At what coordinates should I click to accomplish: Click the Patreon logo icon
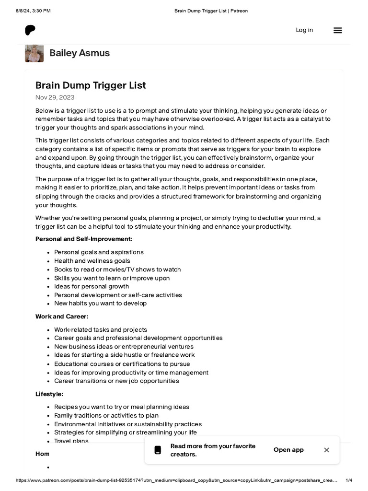coord(30,30)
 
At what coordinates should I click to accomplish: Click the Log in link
coord(304,30)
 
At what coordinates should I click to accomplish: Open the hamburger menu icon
coord(338,30)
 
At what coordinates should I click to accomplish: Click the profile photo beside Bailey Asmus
coord(34,53)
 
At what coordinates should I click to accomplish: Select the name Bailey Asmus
coord(80,53)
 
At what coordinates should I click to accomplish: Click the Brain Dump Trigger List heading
coord(91,85)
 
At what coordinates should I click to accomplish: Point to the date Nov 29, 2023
coord(55,97)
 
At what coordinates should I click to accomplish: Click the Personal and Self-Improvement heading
coord(84,239)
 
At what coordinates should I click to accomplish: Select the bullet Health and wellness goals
coord(92,261)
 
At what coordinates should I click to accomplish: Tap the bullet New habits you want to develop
coord(101,304)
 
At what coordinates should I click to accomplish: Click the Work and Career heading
coord(62,316)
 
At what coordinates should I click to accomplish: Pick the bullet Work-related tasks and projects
coord(101,330)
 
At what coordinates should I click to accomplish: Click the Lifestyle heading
coord(49,394)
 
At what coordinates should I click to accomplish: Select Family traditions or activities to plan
coord(106,416)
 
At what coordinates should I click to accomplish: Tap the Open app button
coord(288,450)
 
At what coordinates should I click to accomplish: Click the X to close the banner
coord(326,450)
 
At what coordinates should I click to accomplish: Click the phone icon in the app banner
coord(158,450)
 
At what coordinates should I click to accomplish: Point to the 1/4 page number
coord(349,480)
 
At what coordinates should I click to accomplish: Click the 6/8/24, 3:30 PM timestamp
coord(33,11)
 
